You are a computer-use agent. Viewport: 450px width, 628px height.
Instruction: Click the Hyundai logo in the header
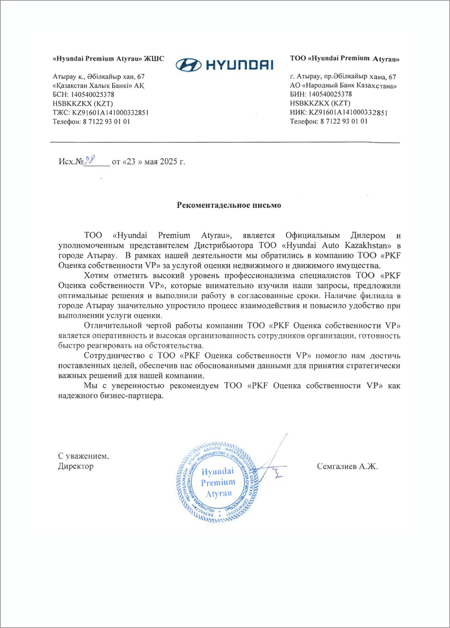tap(224, 65)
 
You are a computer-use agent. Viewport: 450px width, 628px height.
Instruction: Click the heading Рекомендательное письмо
tap(229, 205)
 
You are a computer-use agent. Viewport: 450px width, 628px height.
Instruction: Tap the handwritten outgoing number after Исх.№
tap(89, 160)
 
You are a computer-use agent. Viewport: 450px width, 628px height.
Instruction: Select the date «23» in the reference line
tap(131, 162)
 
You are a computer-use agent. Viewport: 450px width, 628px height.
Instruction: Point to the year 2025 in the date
tap(168, 162)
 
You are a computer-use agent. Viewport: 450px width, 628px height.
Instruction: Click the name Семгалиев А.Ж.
tap(347, 466)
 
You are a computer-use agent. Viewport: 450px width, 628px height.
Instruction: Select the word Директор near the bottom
tap(76, 466)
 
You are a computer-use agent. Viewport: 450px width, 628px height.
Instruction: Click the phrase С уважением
tap(83, 456)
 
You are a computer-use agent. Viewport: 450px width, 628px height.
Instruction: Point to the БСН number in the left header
tap(92, 94)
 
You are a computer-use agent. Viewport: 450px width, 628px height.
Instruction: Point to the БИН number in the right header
tap(330, 94)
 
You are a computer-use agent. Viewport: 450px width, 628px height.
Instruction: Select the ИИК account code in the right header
tap(348, 112)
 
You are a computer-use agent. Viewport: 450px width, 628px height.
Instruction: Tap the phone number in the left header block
tap(106, 122)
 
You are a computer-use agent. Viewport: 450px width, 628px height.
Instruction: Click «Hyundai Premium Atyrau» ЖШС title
tap(108, 58)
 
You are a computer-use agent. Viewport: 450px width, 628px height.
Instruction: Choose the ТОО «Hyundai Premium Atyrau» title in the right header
tap(345, 58)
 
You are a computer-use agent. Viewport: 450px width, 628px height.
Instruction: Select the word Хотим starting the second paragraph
tap(97, 275)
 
